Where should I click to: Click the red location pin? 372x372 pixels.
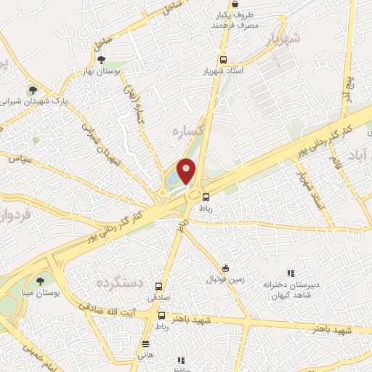click(x=187, y=171)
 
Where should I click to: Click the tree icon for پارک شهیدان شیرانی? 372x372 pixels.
click(x=32, y=90)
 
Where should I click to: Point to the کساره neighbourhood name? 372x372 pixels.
click(x=186, y=132)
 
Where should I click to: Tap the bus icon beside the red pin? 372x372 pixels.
click(x=206, y=196)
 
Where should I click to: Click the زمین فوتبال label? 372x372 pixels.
click(x=226, y=279)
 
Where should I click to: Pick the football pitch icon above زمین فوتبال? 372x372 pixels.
click(x=226, y=268)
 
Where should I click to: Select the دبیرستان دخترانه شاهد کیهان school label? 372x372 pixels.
click(x=287, y=291)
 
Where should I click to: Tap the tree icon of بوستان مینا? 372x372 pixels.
click(x=39, y=281)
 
